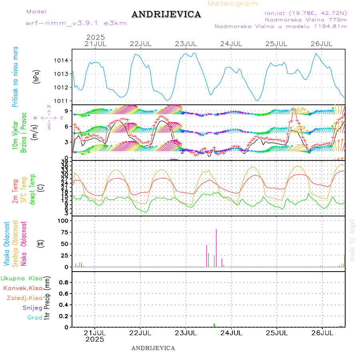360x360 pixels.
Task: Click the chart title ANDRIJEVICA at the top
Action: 166,14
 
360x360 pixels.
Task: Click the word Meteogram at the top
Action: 233,4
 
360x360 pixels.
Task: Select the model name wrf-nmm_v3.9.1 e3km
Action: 76,23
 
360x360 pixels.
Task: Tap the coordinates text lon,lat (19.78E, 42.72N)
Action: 303,12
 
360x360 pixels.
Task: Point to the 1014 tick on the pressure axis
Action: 62,60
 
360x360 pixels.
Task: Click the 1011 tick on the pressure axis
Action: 62,101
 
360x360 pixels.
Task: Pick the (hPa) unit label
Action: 37,76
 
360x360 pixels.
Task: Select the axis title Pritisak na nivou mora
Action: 15,77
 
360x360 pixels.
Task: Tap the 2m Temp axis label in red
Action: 15,191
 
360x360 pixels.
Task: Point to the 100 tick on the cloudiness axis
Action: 64,220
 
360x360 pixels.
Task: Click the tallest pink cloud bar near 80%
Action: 216,248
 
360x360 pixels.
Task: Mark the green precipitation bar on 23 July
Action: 214,325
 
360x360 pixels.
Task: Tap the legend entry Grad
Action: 35,318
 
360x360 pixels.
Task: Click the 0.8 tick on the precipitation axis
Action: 64,282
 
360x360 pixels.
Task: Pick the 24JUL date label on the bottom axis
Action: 231,332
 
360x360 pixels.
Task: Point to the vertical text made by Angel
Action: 352,240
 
